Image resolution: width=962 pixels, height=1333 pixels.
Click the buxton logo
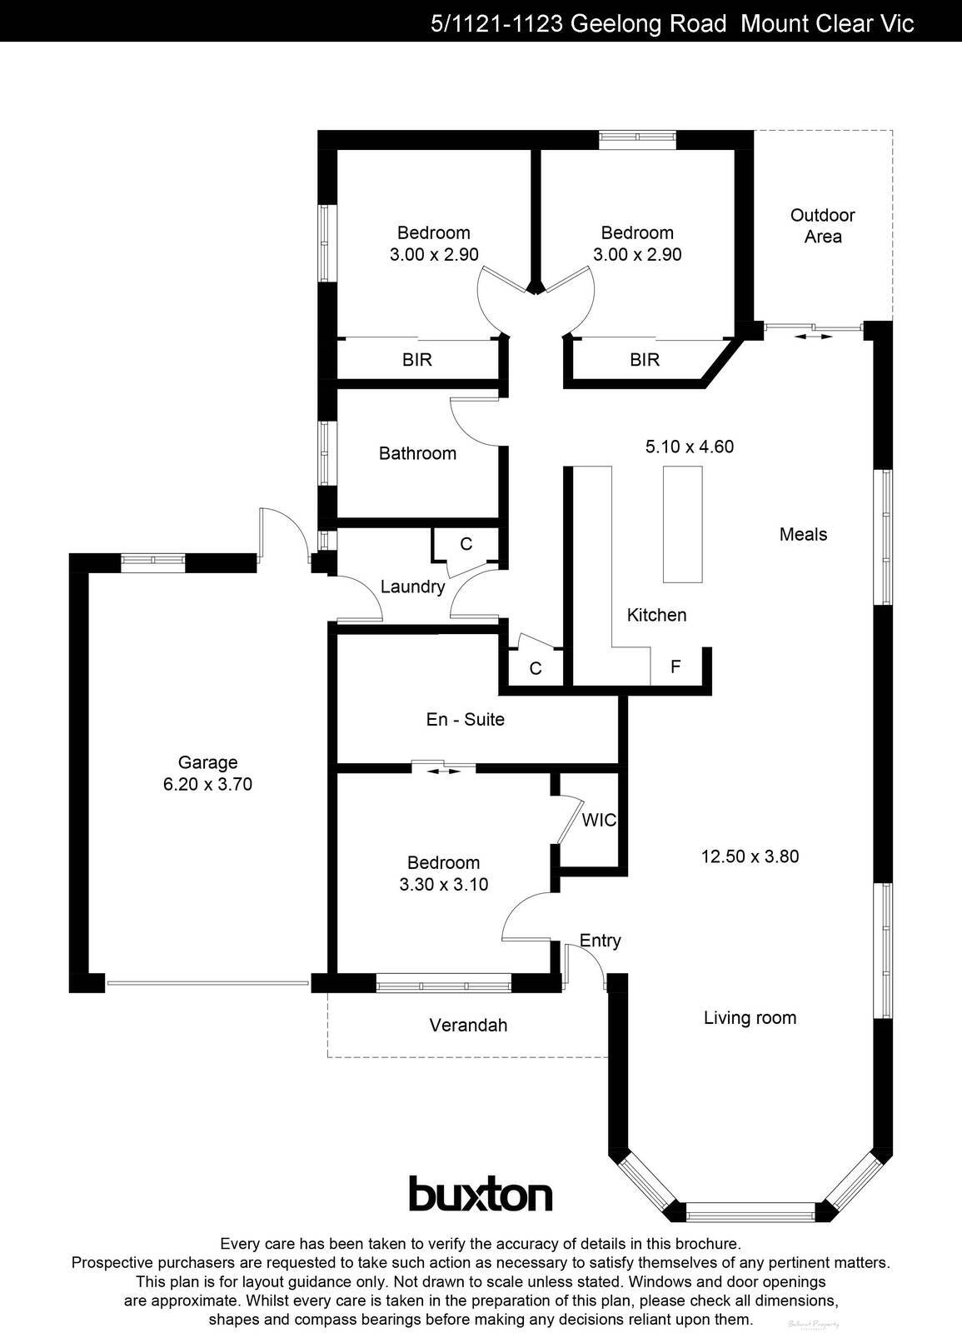481,1194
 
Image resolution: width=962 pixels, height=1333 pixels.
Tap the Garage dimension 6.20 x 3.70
207,784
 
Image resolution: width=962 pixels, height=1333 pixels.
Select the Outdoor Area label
823,226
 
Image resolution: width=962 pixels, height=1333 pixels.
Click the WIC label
599,820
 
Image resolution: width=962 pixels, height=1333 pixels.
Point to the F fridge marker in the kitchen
675,666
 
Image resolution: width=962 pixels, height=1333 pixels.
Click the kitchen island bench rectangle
682,524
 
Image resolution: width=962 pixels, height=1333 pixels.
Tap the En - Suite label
465,719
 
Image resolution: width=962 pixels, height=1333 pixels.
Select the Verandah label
468,1025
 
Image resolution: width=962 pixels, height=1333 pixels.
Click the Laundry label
412,587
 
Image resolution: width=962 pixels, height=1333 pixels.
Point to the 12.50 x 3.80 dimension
750,856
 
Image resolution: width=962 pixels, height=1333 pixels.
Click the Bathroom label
417,453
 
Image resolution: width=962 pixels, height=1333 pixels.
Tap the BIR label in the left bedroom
416,360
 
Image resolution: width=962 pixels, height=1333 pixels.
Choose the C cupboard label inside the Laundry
466,544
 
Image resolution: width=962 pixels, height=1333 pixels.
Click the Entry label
600,941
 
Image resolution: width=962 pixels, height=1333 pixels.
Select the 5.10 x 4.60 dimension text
689,447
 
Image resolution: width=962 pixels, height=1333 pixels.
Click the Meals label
803,534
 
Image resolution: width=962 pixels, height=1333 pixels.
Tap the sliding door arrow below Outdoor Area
813,337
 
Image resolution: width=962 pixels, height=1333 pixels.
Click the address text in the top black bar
671,23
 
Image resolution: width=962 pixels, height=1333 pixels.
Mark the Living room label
750,1017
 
